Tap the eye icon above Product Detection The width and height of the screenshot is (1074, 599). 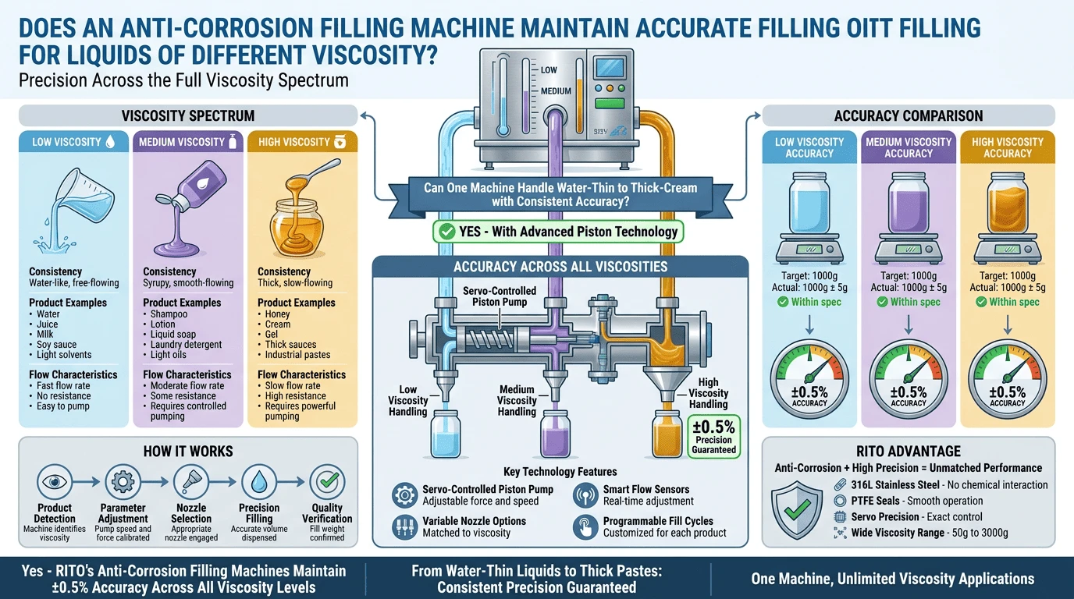[x=54, y=481]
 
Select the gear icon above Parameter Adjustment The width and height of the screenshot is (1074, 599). [x=123, y=481]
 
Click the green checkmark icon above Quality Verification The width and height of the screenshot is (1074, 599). [x=327, y=481]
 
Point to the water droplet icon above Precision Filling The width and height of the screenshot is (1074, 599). [x=259, y=481]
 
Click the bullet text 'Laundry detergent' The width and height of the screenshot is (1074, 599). [x=186, y=345]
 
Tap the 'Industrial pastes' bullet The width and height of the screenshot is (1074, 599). [x=297, y=355]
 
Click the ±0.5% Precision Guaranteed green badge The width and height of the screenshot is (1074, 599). [x=714, y=437]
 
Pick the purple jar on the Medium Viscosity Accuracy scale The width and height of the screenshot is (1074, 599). [x=908, y=202]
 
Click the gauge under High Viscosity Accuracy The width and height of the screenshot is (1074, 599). [x=1008, y=380]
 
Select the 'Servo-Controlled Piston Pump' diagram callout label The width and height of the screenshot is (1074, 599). [x=500, y=296]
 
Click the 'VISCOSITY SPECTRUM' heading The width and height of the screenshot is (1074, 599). [x=188, y=116]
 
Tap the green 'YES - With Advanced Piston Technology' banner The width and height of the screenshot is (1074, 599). [x=558, y=232]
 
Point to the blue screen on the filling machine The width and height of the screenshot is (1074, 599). [x=610, y=68]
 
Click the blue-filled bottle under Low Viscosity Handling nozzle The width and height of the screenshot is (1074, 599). [x=446, y=434]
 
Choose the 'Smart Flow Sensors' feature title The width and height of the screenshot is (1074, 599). [x=645, y=489]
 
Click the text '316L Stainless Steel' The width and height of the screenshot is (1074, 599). [x=895, y=485]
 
